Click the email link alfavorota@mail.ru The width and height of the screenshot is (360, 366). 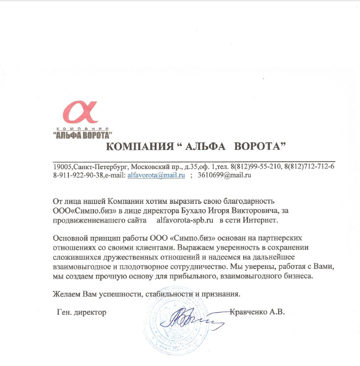[x=155, y=175]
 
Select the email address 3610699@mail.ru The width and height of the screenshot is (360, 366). [x=224, y=175]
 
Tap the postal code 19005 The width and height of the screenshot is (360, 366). [x=62, y=166]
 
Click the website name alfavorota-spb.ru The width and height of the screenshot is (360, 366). [x=185, y=220]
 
